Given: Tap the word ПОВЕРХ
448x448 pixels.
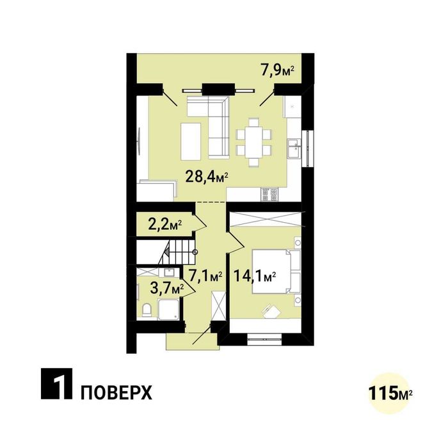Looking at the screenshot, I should tap(116, 392).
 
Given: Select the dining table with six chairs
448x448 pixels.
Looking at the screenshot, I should tap(254, 141).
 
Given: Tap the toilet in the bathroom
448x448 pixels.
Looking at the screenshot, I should tap(147, 310).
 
